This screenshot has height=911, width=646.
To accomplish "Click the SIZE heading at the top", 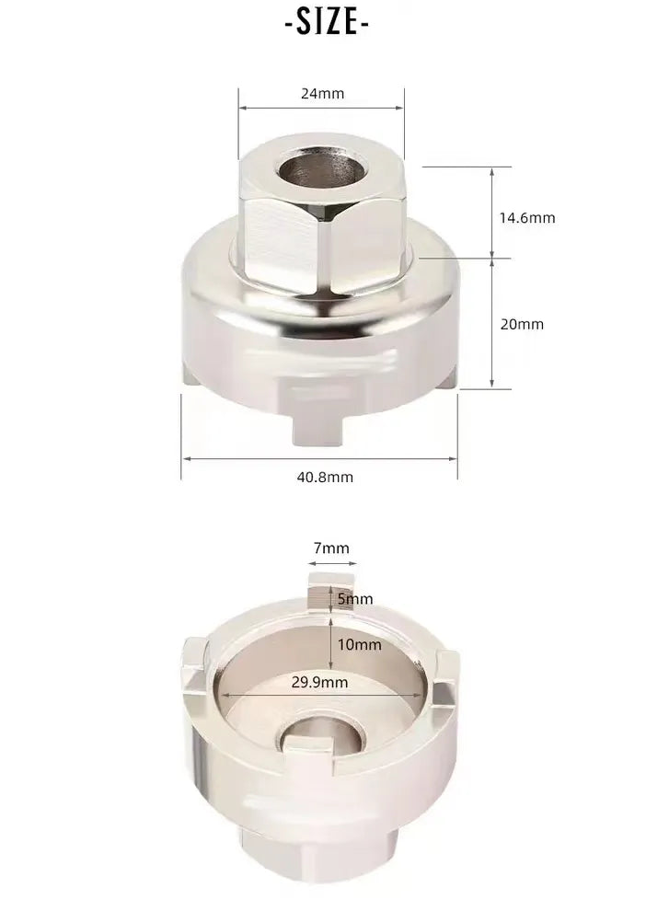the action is click(x=327, y=23).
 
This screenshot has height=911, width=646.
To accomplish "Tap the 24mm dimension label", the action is click(x=322, y=94).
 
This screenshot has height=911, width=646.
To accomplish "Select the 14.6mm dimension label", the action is click(x=527, y=218).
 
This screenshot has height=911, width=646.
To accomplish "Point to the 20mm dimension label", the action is click(x=522, y=324).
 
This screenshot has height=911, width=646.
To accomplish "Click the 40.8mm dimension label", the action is click(x=325, y=477).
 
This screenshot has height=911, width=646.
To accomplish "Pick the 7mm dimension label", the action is click(x=331, y=548).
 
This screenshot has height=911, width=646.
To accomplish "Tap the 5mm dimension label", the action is click(x=355, y=599).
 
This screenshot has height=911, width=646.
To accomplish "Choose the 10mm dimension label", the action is click(x=360, y=644).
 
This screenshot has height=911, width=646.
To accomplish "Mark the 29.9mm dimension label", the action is click(x=319, y=682).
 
